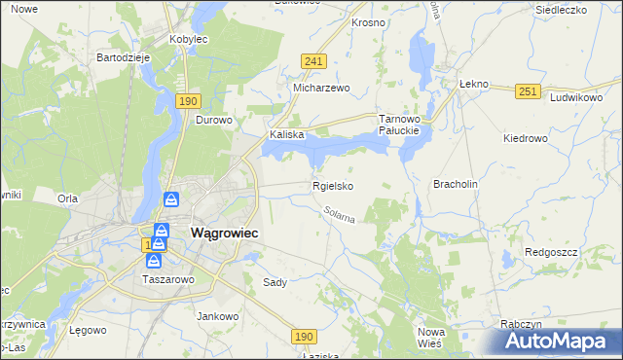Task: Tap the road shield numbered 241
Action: (x=312, y=61)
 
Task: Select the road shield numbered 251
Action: (x=528, y=90)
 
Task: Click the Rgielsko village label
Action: (x=332, y=186)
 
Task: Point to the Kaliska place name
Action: (x=287, y=135)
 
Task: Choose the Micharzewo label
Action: (x=321, y=88)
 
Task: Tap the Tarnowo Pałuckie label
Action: (x=398, y=124)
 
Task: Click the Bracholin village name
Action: (x=456, y=183)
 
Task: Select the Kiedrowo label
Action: (x=526, y=138)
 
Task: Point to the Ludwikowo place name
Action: (x=576, y=98)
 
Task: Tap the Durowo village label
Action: (x=214, y=121)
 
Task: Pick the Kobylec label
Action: (x=189, y=38)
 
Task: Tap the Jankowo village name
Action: (x=218, y=316)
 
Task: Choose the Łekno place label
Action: (x=472, y=84)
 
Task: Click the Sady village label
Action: (x=275, y=282)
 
